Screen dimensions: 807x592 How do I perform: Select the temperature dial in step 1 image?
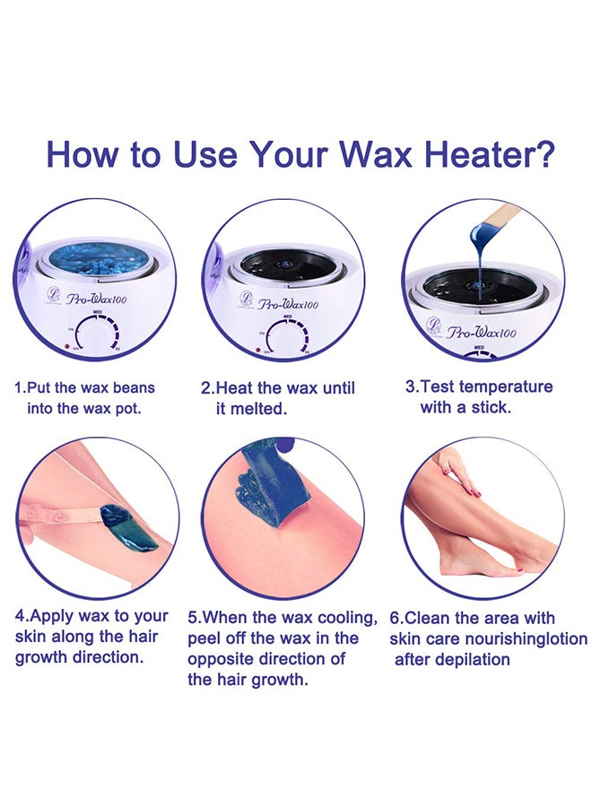(96, 334)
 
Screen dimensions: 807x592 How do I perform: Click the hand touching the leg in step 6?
(457, 472)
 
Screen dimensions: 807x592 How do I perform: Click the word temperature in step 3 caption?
(502, 386)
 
